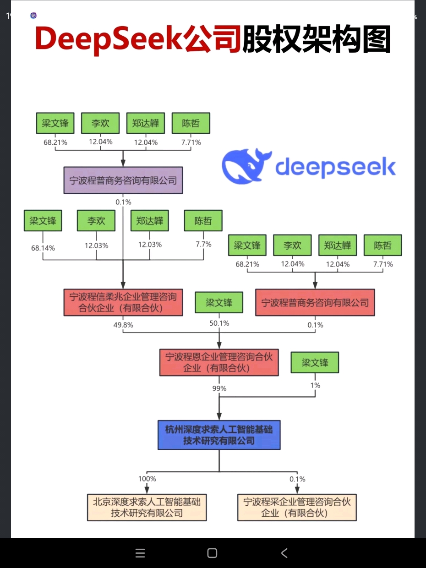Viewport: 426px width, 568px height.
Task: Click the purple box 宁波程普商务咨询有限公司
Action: (123, 180)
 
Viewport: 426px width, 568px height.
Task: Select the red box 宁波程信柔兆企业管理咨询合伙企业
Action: (123, 302)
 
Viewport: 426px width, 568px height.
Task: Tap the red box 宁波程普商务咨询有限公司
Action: (315, 302)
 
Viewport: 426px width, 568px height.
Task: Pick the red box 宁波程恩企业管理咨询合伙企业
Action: (219, 362)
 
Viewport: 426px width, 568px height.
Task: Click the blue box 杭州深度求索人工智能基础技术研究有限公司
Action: (219, 435)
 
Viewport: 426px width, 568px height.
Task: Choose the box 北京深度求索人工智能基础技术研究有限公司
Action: (147, 507)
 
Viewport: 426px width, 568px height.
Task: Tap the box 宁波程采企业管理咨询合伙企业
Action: (297, 507)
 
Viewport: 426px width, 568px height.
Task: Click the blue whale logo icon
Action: (243, 165)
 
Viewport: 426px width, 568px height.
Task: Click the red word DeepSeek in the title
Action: (109, 39)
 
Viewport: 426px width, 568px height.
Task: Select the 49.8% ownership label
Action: (123, 325)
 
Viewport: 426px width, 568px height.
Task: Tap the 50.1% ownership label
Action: (219, 323)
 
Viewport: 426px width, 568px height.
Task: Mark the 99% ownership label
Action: (219, 388)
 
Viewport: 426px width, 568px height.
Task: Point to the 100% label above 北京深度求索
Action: (147, 479)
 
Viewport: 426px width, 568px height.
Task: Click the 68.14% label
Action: (43, 248)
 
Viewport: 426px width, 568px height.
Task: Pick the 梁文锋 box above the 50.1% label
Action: (219, 303)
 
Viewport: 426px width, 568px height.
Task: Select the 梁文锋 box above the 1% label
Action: (315, 363)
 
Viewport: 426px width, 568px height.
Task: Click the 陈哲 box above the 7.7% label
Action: (203, 221)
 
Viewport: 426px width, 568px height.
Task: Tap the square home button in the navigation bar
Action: (212, 553)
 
